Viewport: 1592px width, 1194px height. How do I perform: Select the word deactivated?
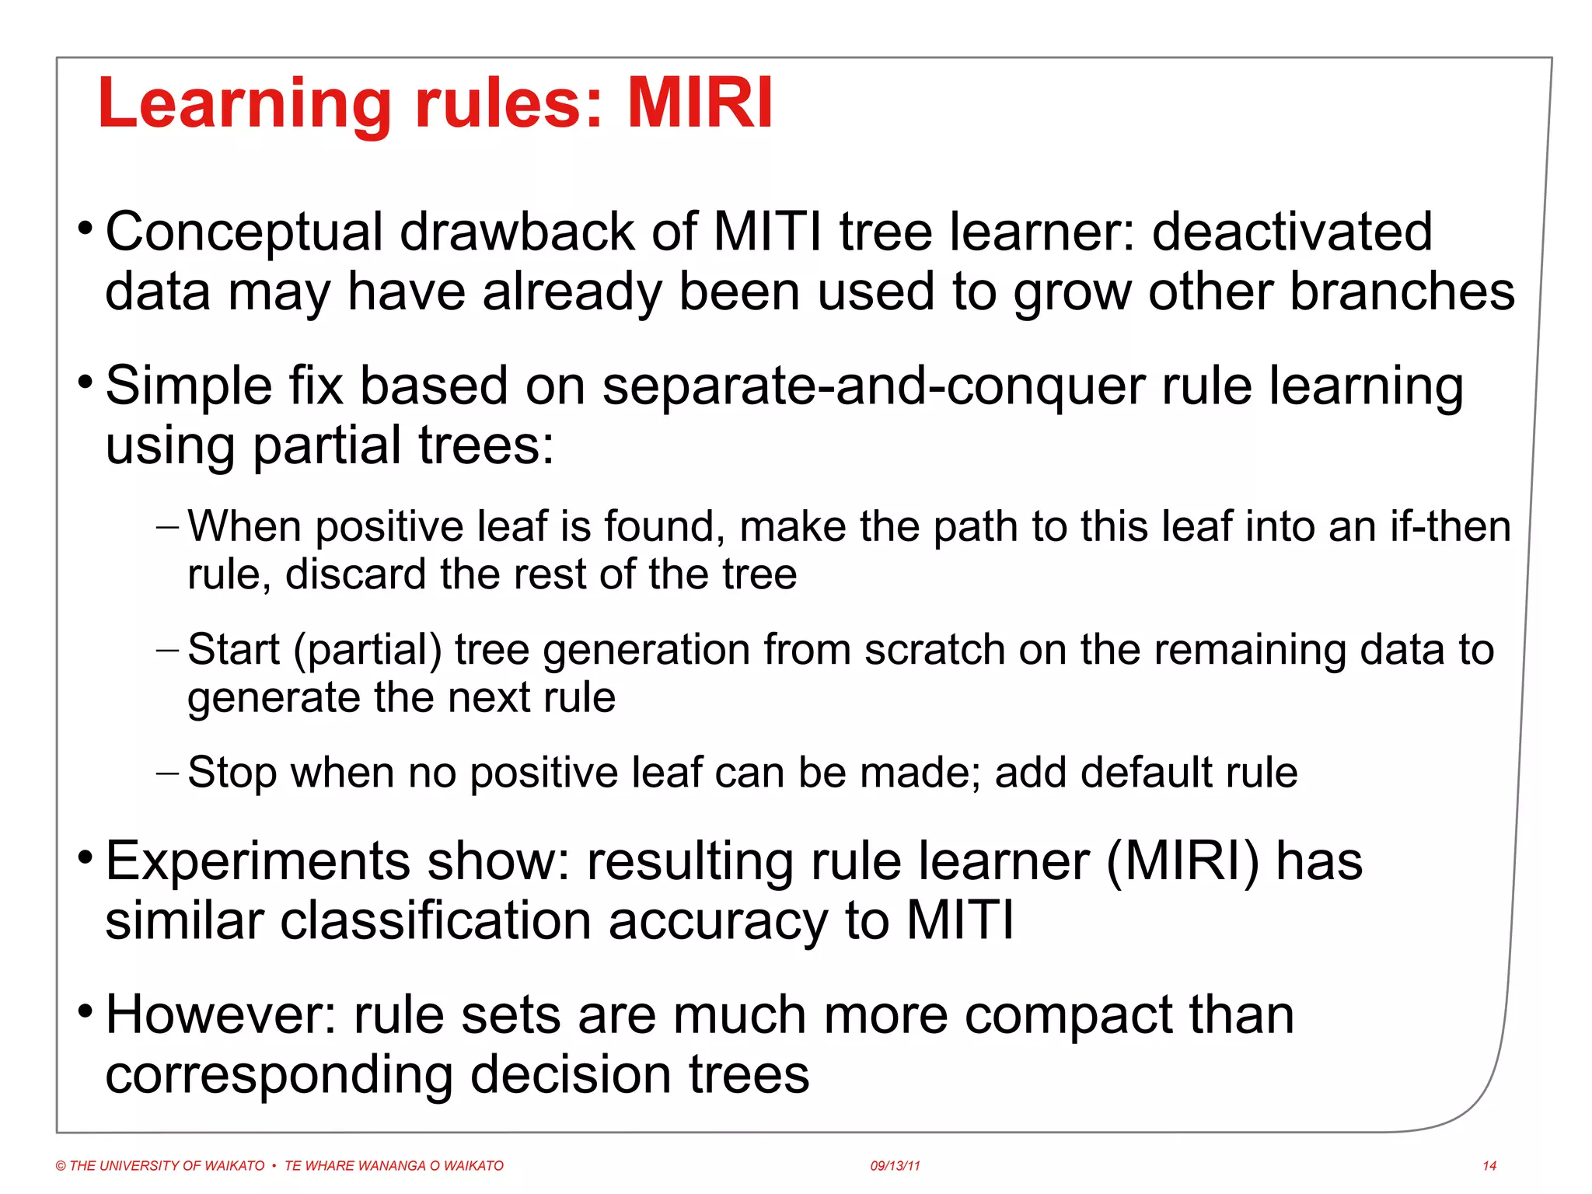(x=1292, y=232)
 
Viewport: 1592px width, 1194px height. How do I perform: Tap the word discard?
(x=355, y=574)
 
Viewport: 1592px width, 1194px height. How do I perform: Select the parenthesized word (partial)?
(x=368, y=650)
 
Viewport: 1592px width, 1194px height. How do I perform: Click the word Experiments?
(x=257, y=861)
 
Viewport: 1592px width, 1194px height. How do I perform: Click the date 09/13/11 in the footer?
(x=895, y=1166)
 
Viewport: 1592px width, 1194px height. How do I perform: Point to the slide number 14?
(x=1489, y=1166)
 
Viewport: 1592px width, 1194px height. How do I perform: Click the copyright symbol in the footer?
(x=61, y=1166)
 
